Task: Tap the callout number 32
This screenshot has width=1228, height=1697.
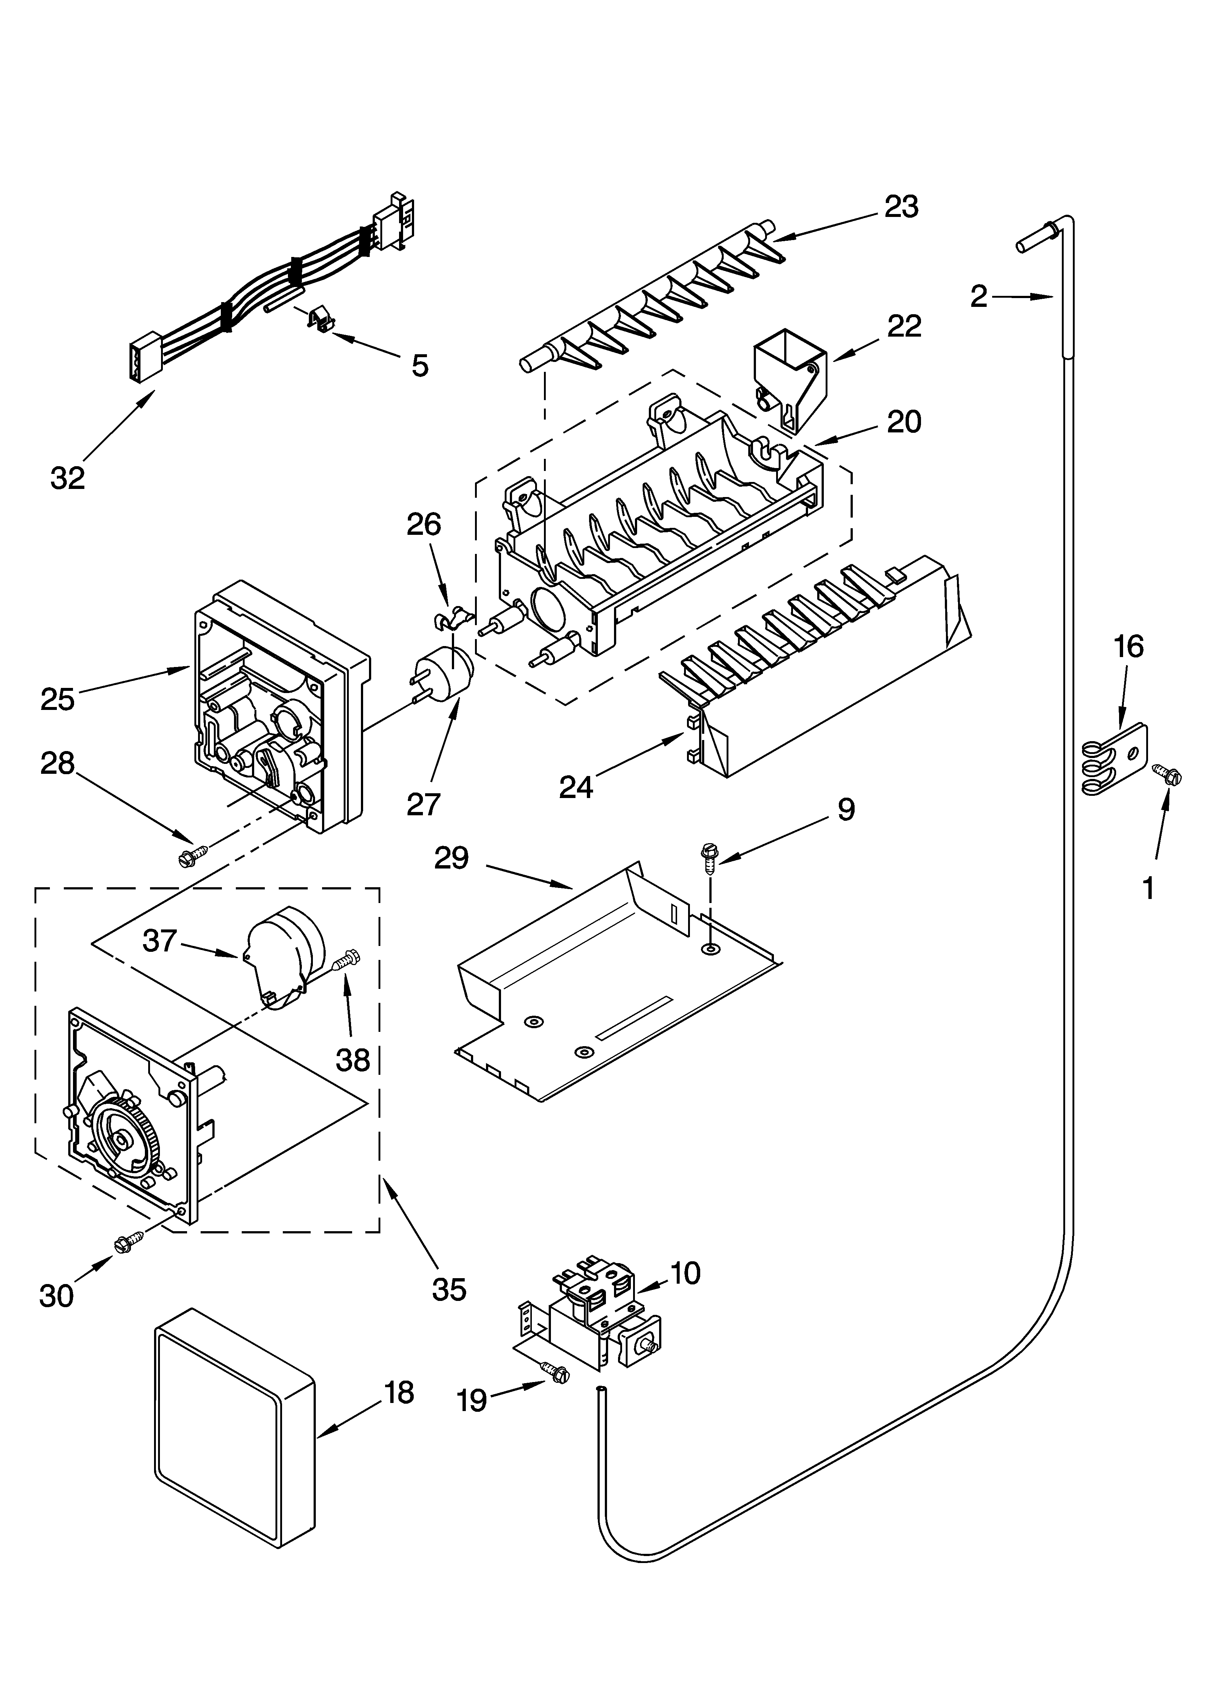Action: (x=68, y=477)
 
